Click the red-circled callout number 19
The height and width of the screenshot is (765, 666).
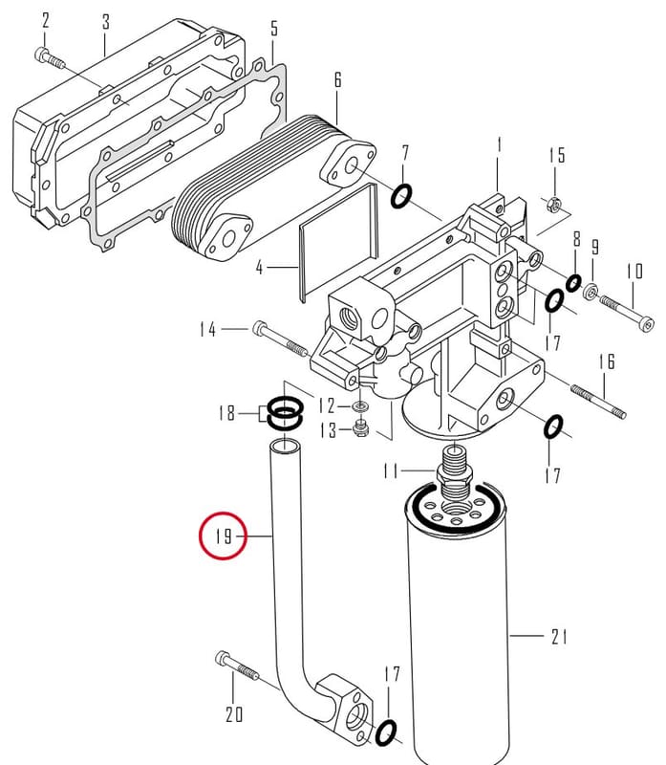coord(224,536)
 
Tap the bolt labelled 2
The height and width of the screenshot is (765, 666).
coord(50,57)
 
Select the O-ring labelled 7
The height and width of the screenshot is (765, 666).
coord(401,196)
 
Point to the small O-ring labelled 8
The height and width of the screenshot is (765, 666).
coord(573,282)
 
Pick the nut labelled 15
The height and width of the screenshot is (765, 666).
coord(554,202)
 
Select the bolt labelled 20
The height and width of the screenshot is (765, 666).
coord(237,666)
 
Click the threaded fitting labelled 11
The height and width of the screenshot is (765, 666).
coord(454,472)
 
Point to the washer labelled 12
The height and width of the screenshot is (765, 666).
coord(360,405)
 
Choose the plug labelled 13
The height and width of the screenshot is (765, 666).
coord(360,427)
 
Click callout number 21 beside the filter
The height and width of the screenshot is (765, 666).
coord(559,636)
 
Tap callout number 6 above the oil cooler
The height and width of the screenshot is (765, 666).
coord(338,80)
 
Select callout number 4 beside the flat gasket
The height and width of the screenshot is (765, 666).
coord(260,268)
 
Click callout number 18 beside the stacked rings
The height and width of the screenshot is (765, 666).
coord(226,413)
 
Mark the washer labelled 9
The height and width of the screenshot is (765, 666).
coord(591,292)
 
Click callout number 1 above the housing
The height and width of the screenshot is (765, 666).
coord(499,145)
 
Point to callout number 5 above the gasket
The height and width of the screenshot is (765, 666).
coord(274,29)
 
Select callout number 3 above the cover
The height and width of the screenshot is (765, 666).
coord(105,21)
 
